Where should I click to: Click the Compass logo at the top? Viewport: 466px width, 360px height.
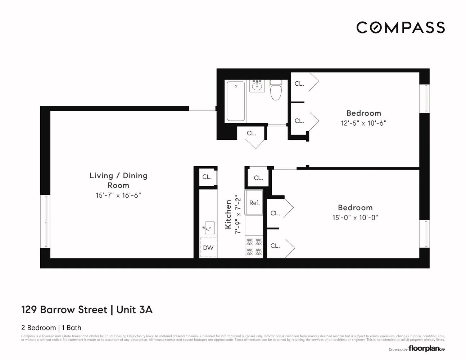(x=401, y=28)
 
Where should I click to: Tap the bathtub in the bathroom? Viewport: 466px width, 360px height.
(x=236, y=101)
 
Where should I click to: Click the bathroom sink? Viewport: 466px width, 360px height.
(x=257, y=86)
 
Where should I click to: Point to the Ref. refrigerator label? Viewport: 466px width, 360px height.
(x=254, y=203)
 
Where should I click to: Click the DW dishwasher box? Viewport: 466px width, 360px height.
(x=208, y=247)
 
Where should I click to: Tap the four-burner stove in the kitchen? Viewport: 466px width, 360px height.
(x=254, y=247)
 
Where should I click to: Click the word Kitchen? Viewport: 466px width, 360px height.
(x=228, y=215)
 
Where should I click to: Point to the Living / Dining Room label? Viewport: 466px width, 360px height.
(x=118, y=180)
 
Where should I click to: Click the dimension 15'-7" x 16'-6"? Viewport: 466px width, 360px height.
(x=118, y=195)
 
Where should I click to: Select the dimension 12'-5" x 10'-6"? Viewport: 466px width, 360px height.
(x=363, y=123)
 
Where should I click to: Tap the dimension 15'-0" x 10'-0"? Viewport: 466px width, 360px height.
(x=355, y=218)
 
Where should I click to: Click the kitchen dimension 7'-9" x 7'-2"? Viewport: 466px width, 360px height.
(x=237, y=215)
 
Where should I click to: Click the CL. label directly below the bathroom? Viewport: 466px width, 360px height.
(x=252, y=133)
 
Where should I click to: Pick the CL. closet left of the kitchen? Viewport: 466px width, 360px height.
(x=207, y=177)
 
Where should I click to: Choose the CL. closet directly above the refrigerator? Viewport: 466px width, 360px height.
(x=258, y=178)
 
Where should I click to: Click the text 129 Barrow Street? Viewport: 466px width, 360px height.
(x=64, y=310)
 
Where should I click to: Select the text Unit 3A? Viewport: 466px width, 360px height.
(x=135, y=310)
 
